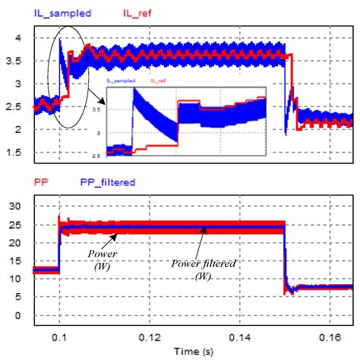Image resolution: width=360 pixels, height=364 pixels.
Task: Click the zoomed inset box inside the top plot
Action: click(x=186, y=122)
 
